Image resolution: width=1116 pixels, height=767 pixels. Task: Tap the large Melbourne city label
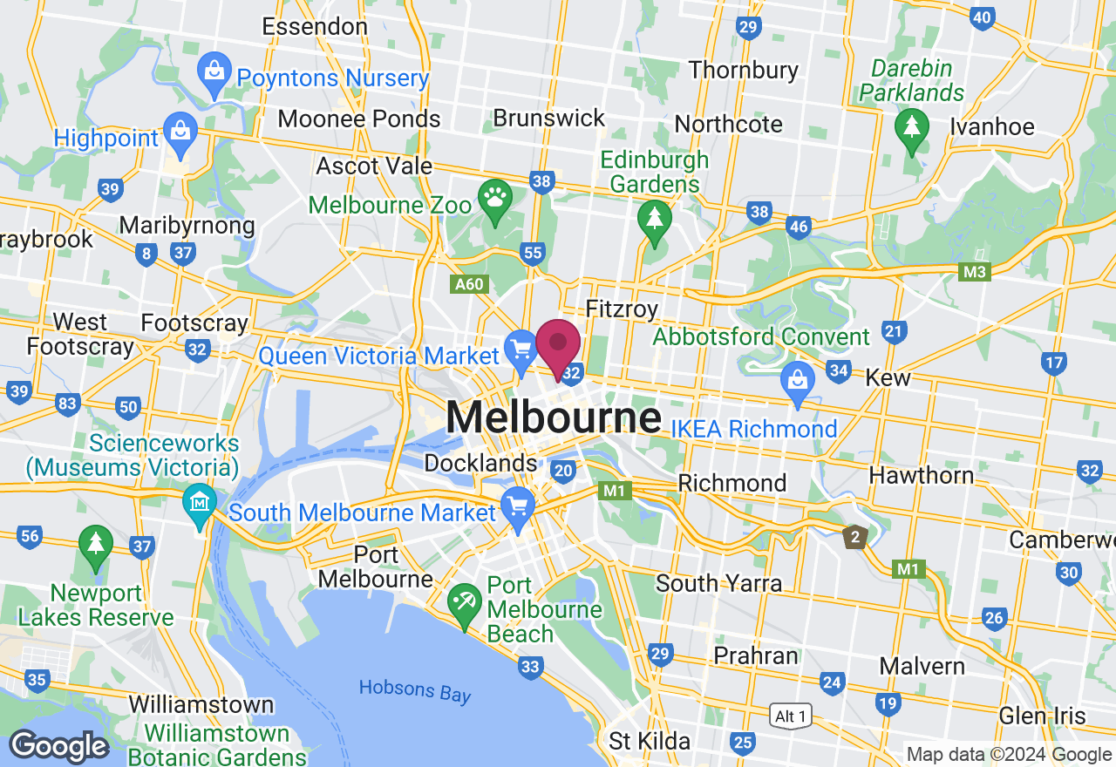click(553, 418)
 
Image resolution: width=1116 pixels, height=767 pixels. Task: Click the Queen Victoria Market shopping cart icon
click(521, 350)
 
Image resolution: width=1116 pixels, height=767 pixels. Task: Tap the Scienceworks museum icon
click(201, 503)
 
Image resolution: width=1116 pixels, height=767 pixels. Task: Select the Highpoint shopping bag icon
click(180, 132)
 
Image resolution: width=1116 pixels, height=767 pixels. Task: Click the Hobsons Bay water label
click(415, 690)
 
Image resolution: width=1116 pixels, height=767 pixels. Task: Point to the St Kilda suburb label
click(650, 742)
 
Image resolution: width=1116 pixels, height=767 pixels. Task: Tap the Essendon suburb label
click(315, 26)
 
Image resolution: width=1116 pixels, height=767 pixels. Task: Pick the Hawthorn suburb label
click(922, 475)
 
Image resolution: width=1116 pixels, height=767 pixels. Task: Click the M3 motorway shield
click(975, 274)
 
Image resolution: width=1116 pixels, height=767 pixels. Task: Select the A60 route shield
click(467, 284)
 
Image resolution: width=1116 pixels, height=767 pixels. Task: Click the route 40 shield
click(982, 17)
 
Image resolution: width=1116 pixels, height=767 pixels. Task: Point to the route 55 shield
click(532, 253)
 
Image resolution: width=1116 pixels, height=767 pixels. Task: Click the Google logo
click(58, 746)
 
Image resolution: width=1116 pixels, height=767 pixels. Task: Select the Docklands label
click(481, 463)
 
